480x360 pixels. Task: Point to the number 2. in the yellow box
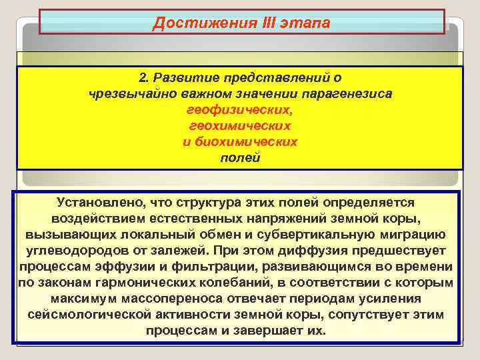pos(143,78)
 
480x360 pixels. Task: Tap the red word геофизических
pos(241,110)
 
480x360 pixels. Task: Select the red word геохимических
pos(240,126)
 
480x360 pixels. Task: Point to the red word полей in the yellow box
pos(240,158)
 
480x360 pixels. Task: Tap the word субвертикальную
pos(339,235)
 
